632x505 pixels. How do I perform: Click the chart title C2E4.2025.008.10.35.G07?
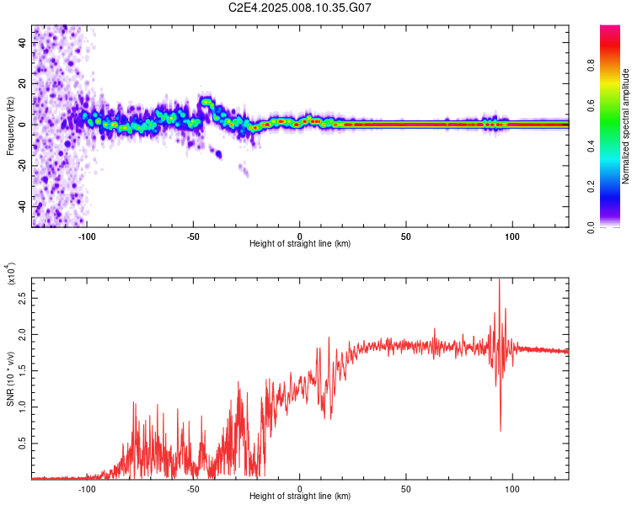tap(300, 8)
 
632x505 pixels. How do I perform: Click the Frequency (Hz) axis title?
tap(10, 126)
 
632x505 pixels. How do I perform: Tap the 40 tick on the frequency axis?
tap(23, 44)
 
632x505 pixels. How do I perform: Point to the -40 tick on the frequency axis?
tap(23, 206)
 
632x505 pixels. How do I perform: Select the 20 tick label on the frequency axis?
tap(23, 84)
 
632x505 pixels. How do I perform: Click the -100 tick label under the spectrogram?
tap(87, 237)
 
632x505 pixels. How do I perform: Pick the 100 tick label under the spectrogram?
tap(512, 237)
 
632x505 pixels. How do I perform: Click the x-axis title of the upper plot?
tap(300, 244)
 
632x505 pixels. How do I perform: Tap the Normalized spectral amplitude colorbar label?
tap(625, 127)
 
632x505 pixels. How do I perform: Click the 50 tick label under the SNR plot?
tap(406, 489)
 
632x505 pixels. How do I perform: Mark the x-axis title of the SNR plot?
tap(300, 497)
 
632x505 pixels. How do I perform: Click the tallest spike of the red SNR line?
tap(500, 281)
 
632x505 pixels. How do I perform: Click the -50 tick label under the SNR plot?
tap(193, 489)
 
